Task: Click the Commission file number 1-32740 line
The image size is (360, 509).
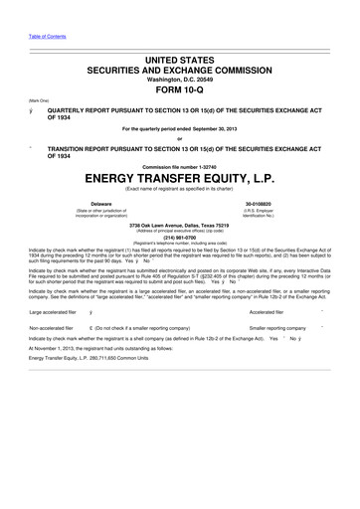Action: [179, 164]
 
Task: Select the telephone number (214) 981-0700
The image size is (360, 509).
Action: [179, 238]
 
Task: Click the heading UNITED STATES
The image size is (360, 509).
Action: [179, 48]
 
